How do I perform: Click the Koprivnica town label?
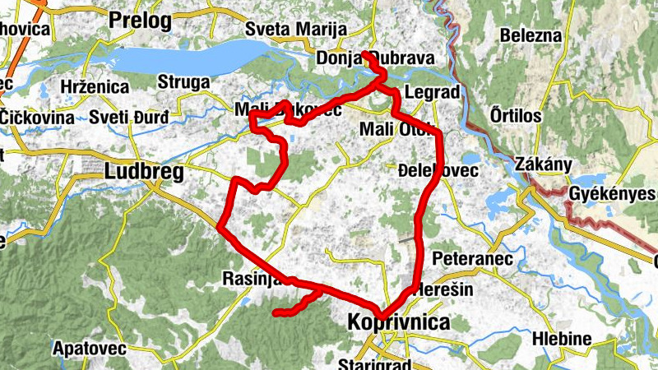click(x=399, y=321)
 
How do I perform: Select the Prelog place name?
click(x=139, y=20)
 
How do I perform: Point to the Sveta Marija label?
click(x=296, y=30)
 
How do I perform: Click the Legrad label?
click(x=431, y=93)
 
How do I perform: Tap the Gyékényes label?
click(x=612, y=194)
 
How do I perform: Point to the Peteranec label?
click(x=472, y=259)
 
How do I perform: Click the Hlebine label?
click(x=562, y=339)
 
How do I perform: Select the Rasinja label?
click(x=252, y=280)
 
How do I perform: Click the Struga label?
click(x=183, y=82)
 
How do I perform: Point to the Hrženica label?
click(x=95, y=86)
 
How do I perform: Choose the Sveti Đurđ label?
click(x=129, y=117)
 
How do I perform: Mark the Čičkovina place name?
click(x=38, y=117)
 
